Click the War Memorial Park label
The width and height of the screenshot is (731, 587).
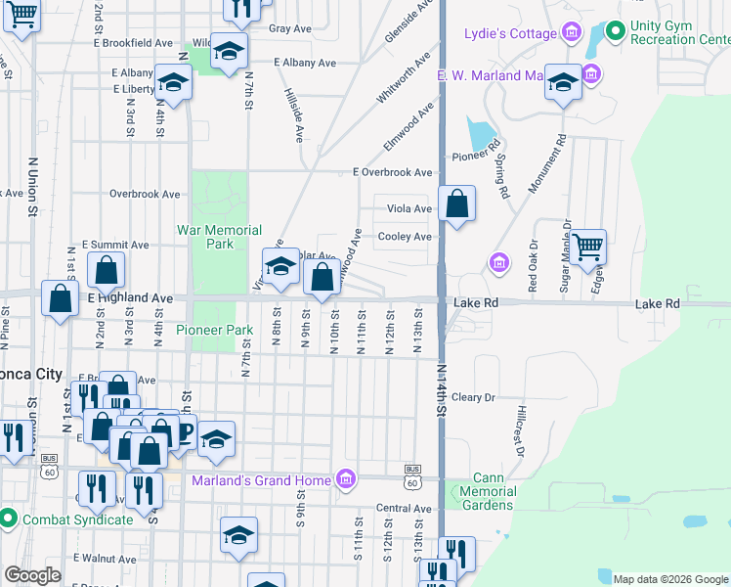[x=219, y=237]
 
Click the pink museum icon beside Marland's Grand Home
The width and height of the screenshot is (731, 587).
[x=344, y=478]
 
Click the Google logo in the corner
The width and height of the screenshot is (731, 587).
[x=32, y=575]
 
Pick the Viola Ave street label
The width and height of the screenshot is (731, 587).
[x=408, y=209]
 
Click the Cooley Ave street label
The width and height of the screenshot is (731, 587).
[x=405, y=237]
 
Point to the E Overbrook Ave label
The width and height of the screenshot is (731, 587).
[x=391, y=172]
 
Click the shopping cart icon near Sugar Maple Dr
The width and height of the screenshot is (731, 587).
[x=588, y=247]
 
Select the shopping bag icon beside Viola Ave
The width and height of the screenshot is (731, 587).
[x=457, y=203]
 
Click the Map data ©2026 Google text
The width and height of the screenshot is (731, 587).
[x=670, y=578]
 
